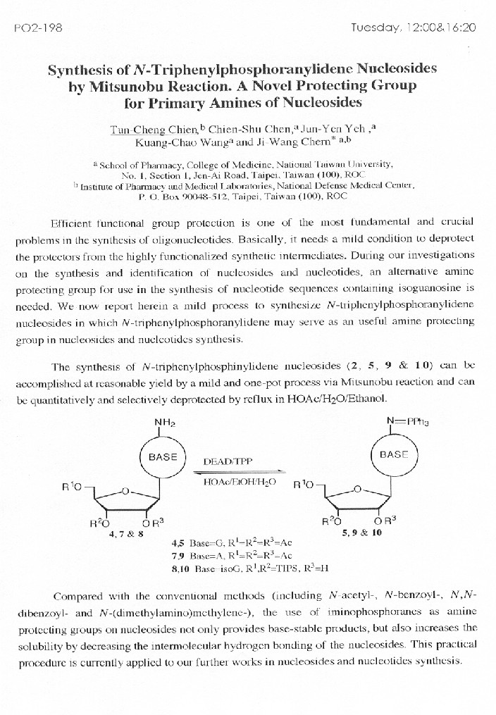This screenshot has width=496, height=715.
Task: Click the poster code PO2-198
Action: [34, 29]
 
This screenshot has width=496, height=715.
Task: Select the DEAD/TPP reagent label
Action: [228, 462]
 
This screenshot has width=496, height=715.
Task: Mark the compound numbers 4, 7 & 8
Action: [126, 533]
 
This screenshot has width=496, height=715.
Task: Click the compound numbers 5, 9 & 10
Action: [361, 533]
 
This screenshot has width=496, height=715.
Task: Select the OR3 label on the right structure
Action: [385, 522]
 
